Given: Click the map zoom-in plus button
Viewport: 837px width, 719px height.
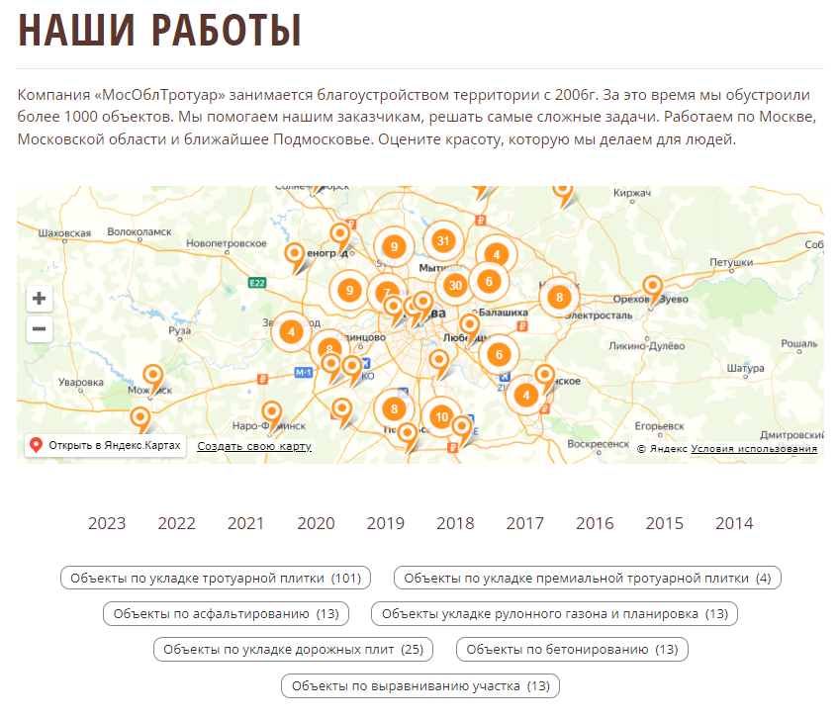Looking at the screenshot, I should point(40,298).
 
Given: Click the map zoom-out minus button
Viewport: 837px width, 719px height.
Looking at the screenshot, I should point(40,329).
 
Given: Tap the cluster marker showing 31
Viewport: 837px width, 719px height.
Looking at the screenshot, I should point(443,240).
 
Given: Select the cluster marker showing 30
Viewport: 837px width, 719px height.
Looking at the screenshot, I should point(455,285).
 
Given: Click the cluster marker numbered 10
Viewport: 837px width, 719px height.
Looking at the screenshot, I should point(441,417).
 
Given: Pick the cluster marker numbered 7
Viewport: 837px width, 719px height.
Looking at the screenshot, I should point(385,293).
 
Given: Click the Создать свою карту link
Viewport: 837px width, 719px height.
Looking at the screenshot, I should point(254,446).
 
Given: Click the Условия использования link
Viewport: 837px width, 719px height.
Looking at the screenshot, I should point(754,449).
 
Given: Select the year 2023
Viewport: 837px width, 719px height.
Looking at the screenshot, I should point(107,523).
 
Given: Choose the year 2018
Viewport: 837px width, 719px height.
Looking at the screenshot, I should point(455,523).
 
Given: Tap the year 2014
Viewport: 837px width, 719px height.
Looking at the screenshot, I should point(734,523).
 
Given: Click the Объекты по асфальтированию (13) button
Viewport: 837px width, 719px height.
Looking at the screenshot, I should point(226,613).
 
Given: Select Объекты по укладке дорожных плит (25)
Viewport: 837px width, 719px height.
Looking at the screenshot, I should point(293,649).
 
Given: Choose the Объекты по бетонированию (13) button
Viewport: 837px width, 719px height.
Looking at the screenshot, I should point(572,649).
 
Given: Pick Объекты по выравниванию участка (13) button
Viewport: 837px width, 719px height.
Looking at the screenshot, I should point(420,685).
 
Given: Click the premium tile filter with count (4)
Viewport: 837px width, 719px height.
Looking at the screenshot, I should point(588,578).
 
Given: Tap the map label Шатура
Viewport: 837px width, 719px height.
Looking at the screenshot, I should point(745,368).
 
